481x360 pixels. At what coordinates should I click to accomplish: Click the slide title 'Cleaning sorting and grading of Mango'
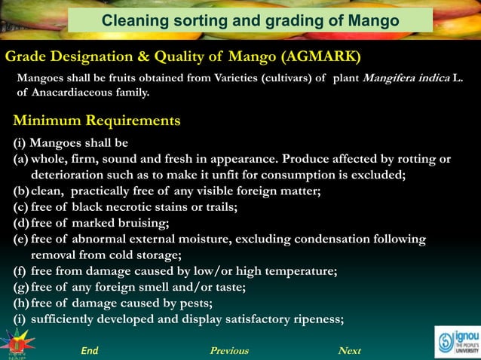point(250,20)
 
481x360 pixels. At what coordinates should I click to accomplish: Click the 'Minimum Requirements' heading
point(97,121)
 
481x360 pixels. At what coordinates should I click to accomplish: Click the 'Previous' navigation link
point(228,351)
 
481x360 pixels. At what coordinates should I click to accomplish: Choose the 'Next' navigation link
point(350,351)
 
